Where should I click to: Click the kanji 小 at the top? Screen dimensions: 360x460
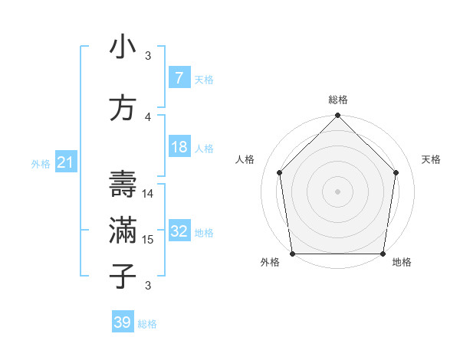(123, 48)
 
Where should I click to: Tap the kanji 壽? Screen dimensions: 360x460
(123, 185)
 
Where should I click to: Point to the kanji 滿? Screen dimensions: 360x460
(123, 231)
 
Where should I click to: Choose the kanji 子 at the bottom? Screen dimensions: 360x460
(123, 277)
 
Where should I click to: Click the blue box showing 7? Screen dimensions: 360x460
(179, 78)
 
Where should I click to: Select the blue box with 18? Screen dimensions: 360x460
(179, 147)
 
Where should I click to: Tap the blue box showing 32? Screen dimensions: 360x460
(179, 231)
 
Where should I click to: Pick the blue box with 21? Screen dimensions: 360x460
(65, 162)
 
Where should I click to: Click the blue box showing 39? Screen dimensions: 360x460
(122, 322)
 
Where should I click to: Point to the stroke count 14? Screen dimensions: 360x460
(148, 194)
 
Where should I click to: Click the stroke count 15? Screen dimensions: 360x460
(148, 240)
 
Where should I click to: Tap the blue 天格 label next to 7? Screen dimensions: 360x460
(204, 79)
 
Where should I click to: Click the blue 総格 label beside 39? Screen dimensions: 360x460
(147, 323)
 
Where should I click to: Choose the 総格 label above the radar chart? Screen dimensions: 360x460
(337, 100)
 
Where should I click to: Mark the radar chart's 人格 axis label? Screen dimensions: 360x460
(245, 159)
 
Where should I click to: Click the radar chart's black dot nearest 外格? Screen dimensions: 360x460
(292, 254)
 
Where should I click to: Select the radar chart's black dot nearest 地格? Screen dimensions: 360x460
(383, 254)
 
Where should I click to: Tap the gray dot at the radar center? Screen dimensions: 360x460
(337, 191)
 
